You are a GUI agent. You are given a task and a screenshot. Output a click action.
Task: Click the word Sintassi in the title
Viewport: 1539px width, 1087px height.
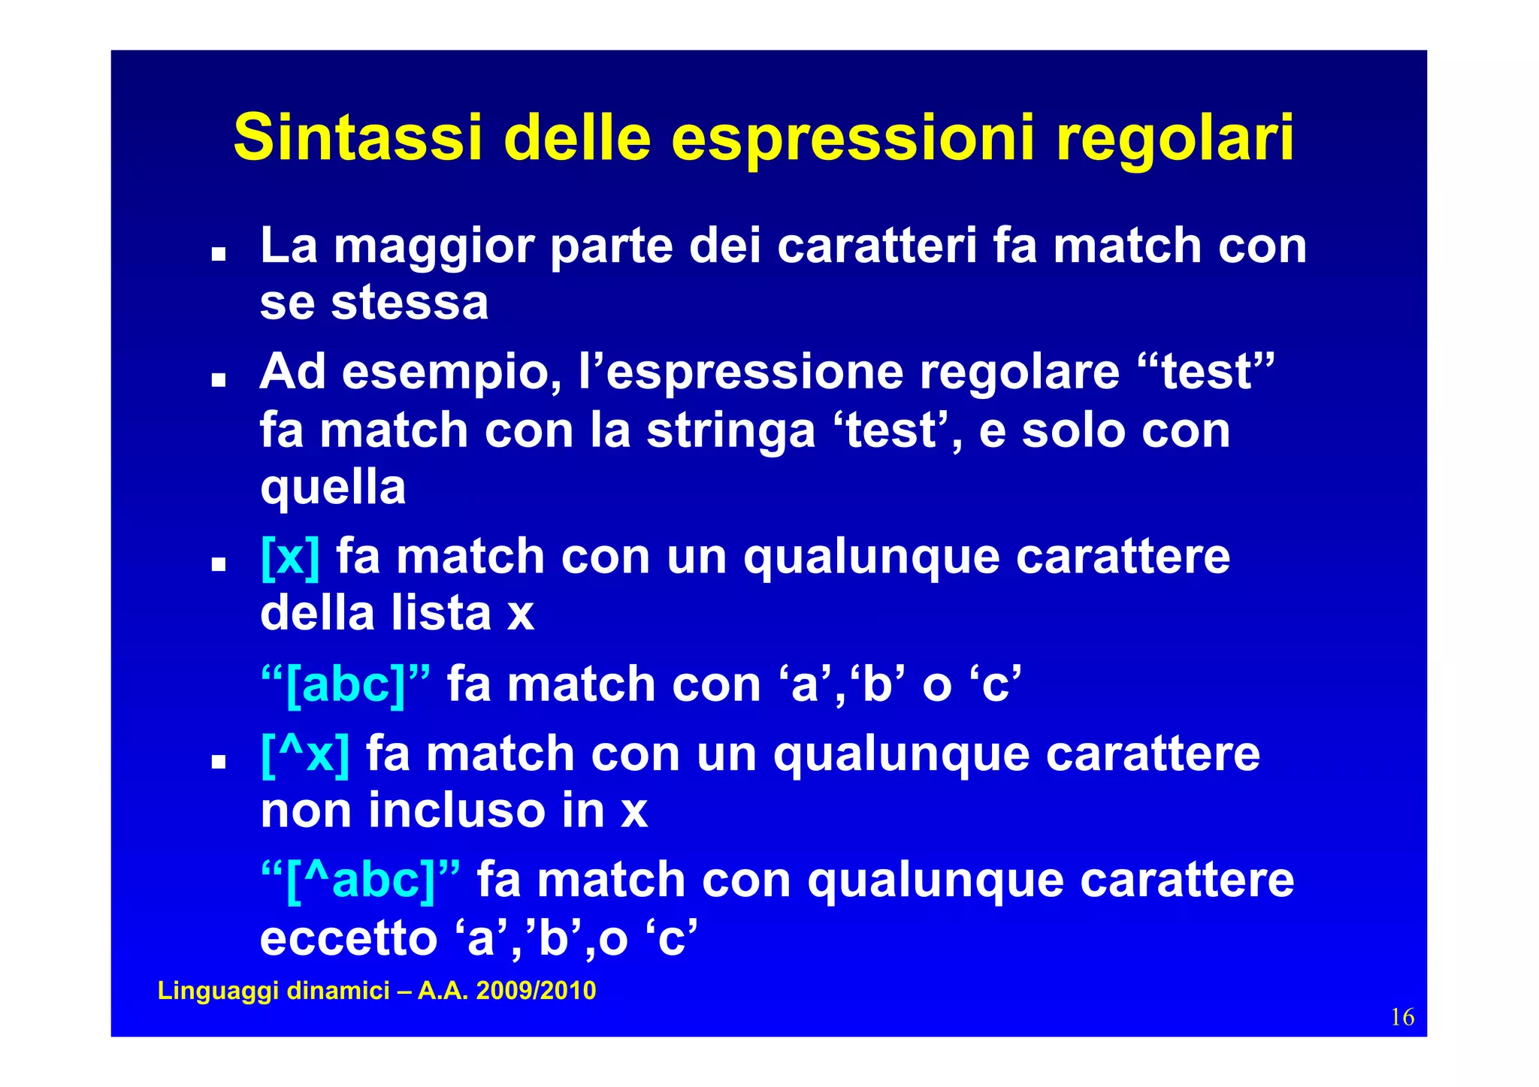click(357, 138)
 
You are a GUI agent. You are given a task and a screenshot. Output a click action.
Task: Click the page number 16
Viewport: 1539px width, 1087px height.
click(1402, 1017)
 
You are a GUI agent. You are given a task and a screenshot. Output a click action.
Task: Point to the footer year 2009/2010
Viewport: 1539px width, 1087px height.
click(536, 990)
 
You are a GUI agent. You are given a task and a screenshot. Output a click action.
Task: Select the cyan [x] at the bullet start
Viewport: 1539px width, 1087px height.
click(290, 557)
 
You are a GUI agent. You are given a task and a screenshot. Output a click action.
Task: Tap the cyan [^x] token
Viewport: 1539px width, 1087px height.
click(305, 753)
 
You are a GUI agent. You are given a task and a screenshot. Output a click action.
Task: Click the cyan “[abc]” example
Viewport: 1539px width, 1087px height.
click(346, 684)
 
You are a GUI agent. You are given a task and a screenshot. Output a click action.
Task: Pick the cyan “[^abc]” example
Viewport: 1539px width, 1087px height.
click(361, 880)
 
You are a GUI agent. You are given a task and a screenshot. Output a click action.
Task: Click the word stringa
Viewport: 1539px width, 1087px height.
click(730, 431)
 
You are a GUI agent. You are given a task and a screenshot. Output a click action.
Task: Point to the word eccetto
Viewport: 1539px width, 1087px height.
click(349, 938)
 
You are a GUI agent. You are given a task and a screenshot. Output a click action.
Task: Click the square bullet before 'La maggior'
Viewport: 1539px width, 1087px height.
click(219, 255)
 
